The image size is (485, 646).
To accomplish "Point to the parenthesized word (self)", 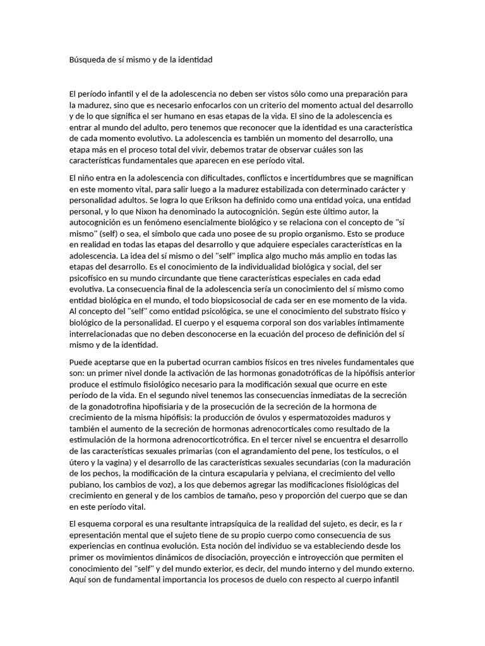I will pos(110,232).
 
